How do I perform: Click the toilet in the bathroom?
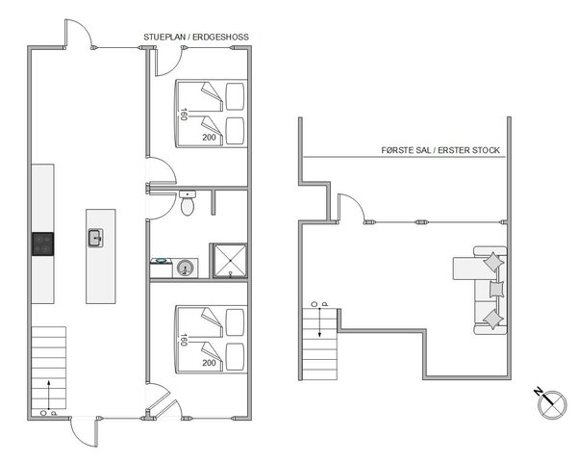tap(189, 205)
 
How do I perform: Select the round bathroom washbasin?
tap(184, 267)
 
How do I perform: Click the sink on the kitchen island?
tap(96, 238)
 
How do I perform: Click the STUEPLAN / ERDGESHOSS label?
tap(196, 37)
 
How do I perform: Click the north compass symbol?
tap(544, 402)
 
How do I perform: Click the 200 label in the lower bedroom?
tap(209, 363)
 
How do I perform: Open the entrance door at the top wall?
tap(80, 35)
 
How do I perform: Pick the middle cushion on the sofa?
tap(496, 289)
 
